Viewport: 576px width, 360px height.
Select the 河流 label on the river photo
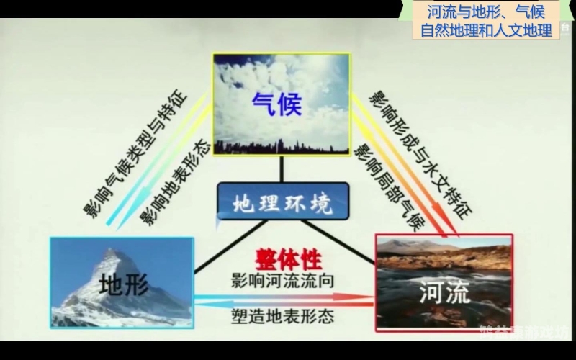pyautogui.click(x=444, y=292)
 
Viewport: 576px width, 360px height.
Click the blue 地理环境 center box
pyautogui.click(x=282, y=204)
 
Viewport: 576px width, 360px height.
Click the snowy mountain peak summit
pyautogui.click(x=109, y=251)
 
